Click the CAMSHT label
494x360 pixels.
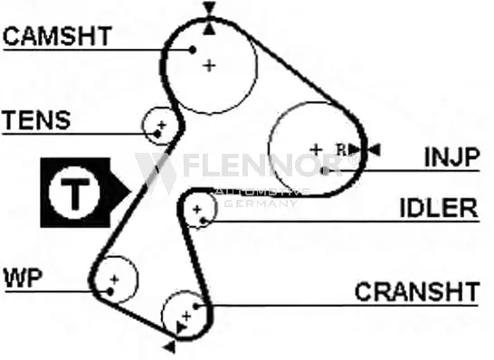pyautogui.click(x=58, y=36)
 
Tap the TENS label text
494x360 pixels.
pyautogui.click(x=36, y=120)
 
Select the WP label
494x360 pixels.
pyautogui.click(x=24, y=278)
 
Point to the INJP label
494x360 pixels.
pyautogui.click(x=452, y=156)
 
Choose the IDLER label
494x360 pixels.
pyautogui.click(x=439, y=208)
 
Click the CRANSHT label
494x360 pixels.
pyautogui.click(x=417, y=291)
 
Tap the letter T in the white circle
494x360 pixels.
pyautogui.click(x=75, y=194)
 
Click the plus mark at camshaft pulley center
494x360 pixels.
pyautogui.click(x=209, y=66)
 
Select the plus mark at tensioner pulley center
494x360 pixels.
pyautogui.click(x=162, y=125)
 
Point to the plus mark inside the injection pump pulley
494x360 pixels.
pyautogui.click(x=316, y=149)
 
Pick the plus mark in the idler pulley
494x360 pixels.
pyautogui.click(x=197, y=209)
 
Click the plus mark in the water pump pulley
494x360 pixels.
pyautogui.click(x=114, y=279)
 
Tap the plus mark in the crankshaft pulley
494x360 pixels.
pyautogui.click(x=186, y=316)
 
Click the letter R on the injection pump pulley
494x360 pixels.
pyautogui.click(x=341, y=149)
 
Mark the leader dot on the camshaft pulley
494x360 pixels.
pyautogui.click(x=192, y=50)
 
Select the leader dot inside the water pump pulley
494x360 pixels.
pyautogui.click(x=110, y=291)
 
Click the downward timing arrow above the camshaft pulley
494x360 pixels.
pyautogui.click(x=209, y=7)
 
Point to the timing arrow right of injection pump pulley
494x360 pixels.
pyautogui.click(x=375, y=149)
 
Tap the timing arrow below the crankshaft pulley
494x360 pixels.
pyautogui.click(x=169, y=346)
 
